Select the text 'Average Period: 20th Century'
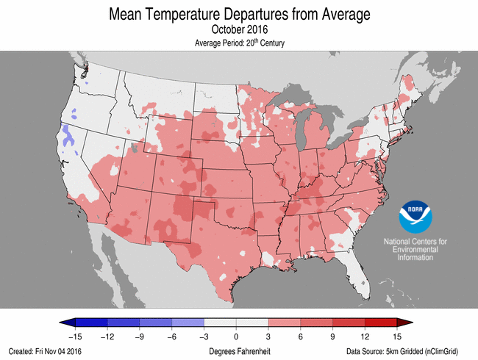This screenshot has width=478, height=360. point(239,43)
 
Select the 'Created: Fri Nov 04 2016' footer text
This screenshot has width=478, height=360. point(46,351)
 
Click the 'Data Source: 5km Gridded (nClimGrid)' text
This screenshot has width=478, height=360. point(409,351)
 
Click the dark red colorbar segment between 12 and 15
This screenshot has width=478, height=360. point(380,323)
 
